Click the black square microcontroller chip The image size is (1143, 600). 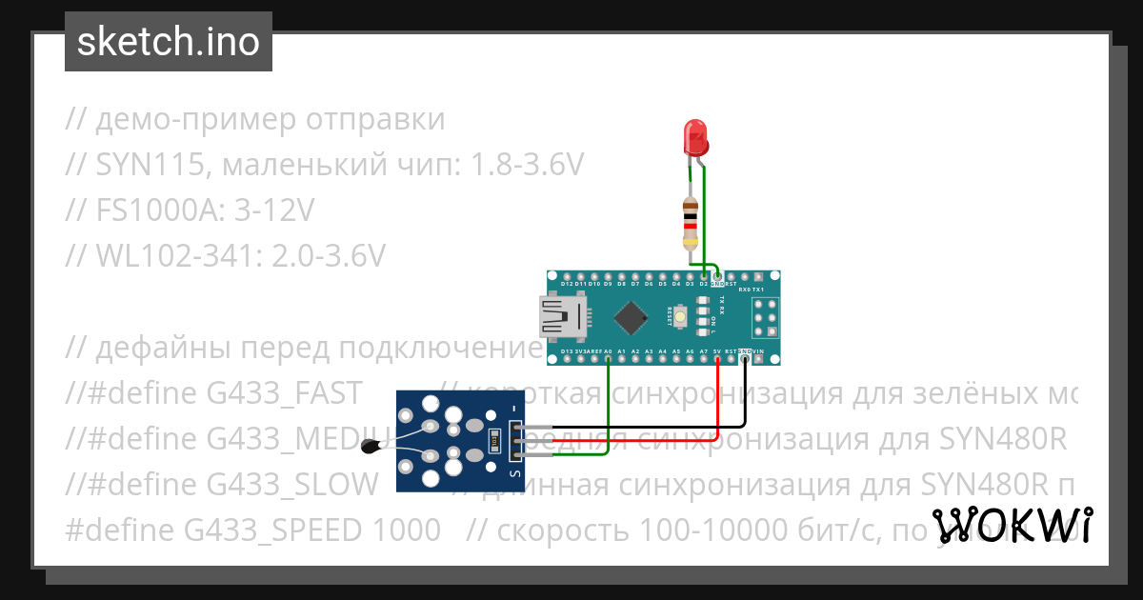[632, 317]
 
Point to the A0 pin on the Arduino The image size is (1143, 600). [608, 358]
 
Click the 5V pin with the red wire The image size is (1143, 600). [717, 358]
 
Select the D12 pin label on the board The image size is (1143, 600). [567, 284]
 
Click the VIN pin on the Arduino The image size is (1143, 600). [758, 358]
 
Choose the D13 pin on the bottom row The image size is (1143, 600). [567, 358]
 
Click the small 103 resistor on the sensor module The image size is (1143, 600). [492, 439]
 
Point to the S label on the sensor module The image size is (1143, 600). [515, 472]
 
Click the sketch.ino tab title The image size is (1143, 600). [168, 42]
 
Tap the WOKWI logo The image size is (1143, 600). [1012, 526]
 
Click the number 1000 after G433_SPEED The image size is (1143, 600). [408, 529]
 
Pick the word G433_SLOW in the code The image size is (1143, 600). [292, 484]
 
